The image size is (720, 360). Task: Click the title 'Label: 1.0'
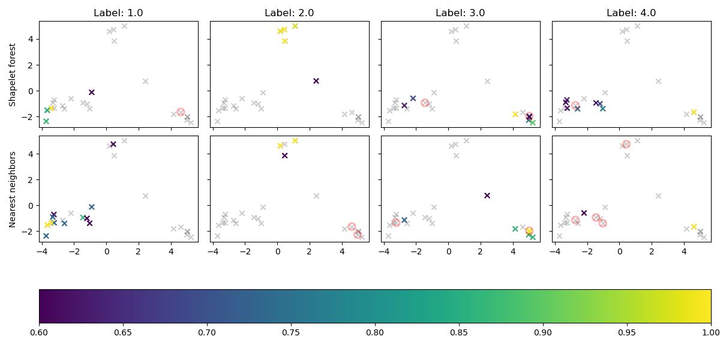(x=118, y=13)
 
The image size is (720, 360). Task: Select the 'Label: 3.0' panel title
(x=460, y=13)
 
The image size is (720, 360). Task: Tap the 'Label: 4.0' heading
(x=631, y=13)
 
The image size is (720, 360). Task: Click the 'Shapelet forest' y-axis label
(x=13, y=74)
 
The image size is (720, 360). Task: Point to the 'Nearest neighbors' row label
(x=13, y=188)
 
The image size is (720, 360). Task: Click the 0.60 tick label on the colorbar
(x=39, y=331)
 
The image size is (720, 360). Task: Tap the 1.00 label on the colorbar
(x=710, y=331)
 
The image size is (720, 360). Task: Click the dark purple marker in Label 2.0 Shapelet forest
(x=316, y=81)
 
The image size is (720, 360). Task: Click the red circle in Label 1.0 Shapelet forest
(x=181, y=112)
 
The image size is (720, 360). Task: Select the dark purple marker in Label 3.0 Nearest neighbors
(x=487, y=196)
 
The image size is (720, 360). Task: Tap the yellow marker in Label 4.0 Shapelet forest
(x=694, y=112)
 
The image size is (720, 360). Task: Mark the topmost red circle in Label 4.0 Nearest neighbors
(x=626, y=144)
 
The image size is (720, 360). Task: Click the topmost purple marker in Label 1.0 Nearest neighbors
(x=113, y=144)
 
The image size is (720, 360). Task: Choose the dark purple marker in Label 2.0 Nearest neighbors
(x=285, y=155)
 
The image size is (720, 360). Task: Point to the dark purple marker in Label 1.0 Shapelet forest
(x=92, y=92)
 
